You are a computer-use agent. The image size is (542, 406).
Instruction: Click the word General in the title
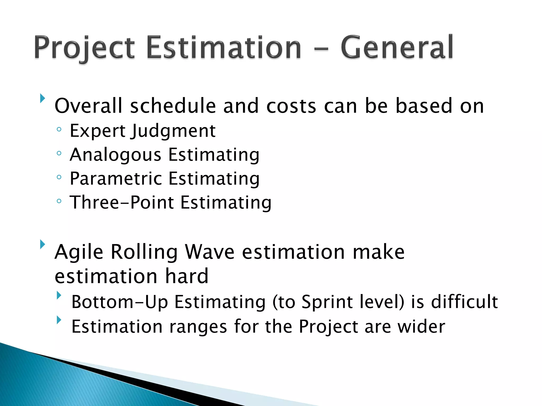tap(397, 48)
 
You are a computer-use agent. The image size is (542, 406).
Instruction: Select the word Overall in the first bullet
tap(88, 106)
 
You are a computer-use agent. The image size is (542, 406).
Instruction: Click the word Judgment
tap(173, 131)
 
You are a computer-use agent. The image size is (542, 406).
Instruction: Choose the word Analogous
tap(115, 155)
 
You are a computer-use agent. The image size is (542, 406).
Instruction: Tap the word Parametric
tap(116, 179)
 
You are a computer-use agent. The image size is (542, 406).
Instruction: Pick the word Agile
tap(79, 252)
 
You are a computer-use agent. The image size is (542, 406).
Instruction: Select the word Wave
tap(210, 252)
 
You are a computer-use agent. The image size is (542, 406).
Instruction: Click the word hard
tap(187, 276)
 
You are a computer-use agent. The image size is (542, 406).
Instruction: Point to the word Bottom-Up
tap(120, 302)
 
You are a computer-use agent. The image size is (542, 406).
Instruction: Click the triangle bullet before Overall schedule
tap(42, 98)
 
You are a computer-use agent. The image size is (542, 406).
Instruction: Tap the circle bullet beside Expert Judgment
tap(59, 130)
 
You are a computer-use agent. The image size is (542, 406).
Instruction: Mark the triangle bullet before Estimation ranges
tap(59, 320)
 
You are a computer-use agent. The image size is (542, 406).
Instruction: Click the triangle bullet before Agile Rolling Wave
tap(42, 244)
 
